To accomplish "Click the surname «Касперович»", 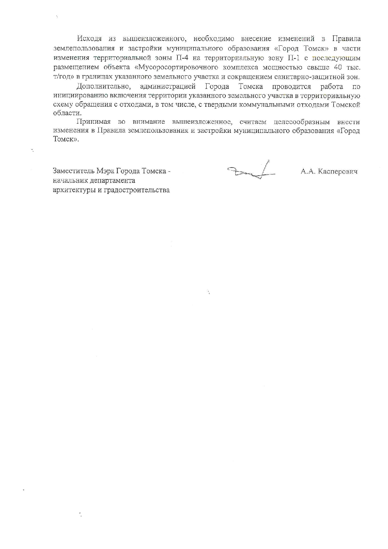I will pyautogui.click(x=338, y=172).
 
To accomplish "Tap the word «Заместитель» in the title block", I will pyautogui.click(x=74, y=171).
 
